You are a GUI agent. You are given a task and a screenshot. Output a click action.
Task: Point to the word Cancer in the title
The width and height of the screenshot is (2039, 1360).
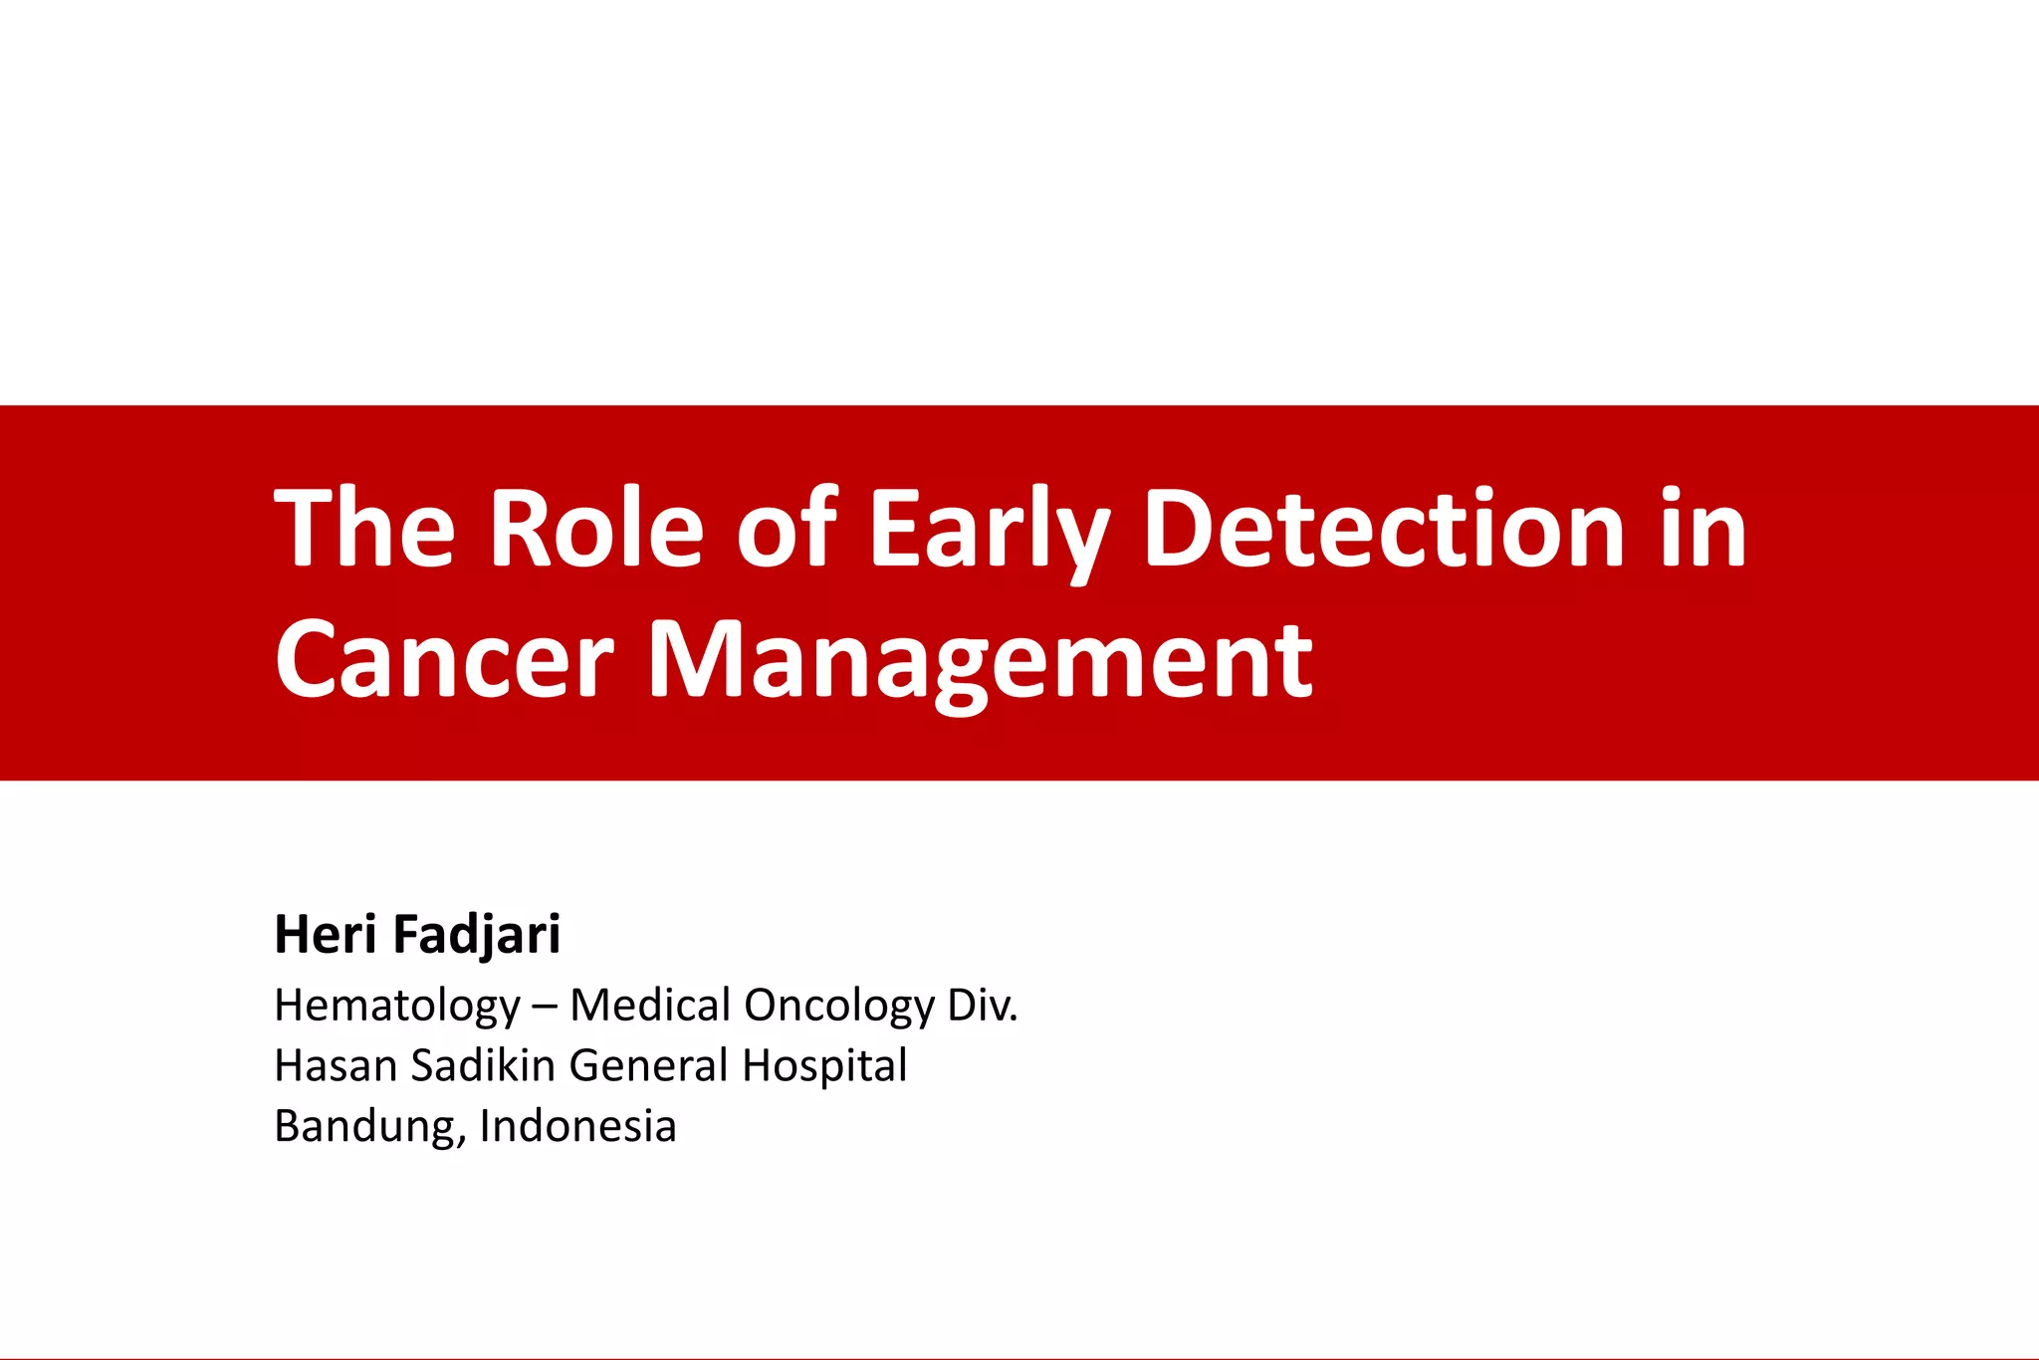(x=444, y=659)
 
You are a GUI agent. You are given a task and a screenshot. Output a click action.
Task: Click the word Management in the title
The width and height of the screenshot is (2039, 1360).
(x=980, y=659)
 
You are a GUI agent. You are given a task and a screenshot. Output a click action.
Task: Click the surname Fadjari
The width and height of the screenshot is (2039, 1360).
(x=477, y=934)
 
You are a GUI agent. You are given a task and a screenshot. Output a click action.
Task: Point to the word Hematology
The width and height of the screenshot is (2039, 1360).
(x=397, y=1006)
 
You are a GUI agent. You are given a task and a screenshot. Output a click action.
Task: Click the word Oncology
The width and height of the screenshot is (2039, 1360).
(x=839, y=1006)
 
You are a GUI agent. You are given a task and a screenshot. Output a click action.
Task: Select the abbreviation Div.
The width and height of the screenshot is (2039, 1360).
(x=983, y=1006)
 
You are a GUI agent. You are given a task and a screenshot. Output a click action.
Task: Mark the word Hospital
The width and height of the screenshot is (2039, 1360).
(x=824, y=1065)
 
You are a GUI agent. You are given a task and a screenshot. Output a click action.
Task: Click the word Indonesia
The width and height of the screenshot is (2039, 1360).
(x=577, y=1126)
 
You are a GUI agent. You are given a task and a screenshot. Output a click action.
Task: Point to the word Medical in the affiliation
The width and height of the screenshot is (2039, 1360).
(x=651, y=1006)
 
